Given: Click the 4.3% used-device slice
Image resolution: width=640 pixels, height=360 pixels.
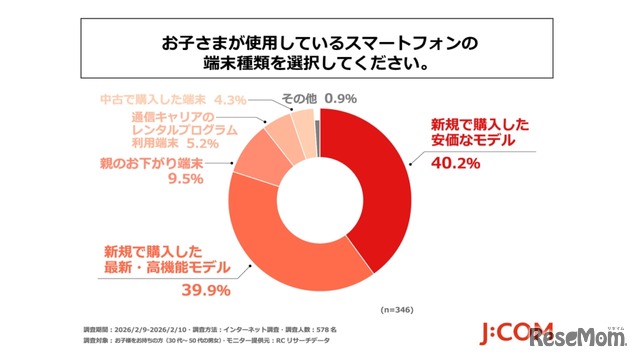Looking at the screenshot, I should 302,122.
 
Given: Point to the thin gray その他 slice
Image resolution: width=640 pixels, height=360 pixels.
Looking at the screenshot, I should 317,118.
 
